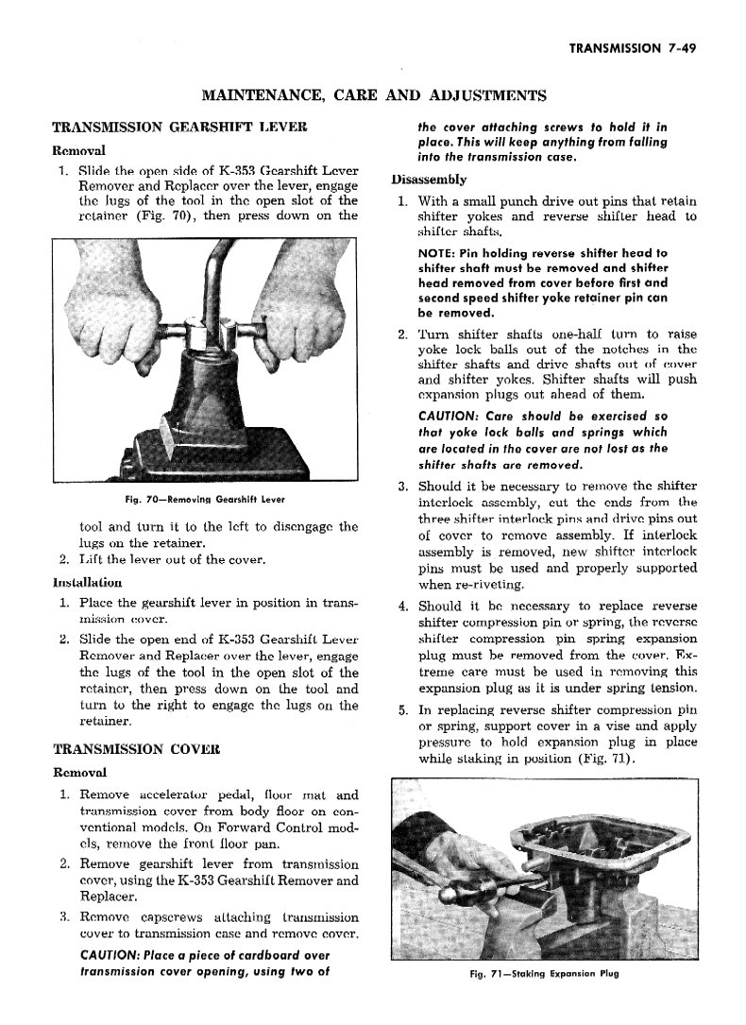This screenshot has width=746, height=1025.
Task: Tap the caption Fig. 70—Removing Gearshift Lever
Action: point(197,499)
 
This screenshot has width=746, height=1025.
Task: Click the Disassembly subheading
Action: point(427,179)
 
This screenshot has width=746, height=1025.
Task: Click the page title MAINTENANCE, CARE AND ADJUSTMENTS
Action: point(373,94)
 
